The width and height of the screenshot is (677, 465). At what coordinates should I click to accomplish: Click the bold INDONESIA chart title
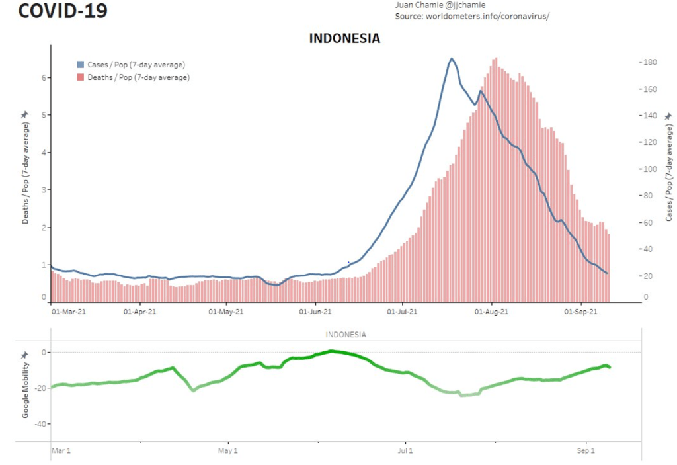[x=344, y=38]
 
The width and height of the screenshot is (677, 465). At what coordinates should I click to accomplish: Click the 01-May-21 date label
[x=226, y=310]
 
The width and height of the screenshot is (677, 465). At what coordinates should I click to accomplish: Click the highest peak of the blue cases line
[x=452, y=59]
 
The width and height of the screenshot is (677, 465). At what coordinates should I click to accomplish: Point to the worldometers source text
[x=472, y=15]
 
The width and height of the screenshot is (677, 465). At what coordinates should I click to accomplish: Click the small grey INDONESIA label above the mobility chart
[x=346, y=335]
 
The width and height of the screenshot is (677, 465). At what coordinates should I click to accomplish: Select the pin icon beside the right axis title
[x=668, y=116]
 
